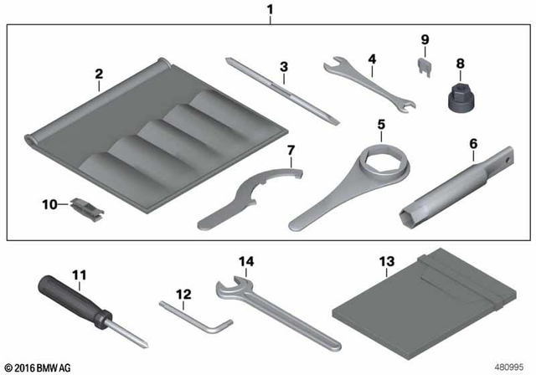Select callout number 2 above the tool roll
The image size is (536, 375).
coord(99,74)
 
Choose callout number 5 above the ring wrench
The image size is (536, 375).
coord(381,125)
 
